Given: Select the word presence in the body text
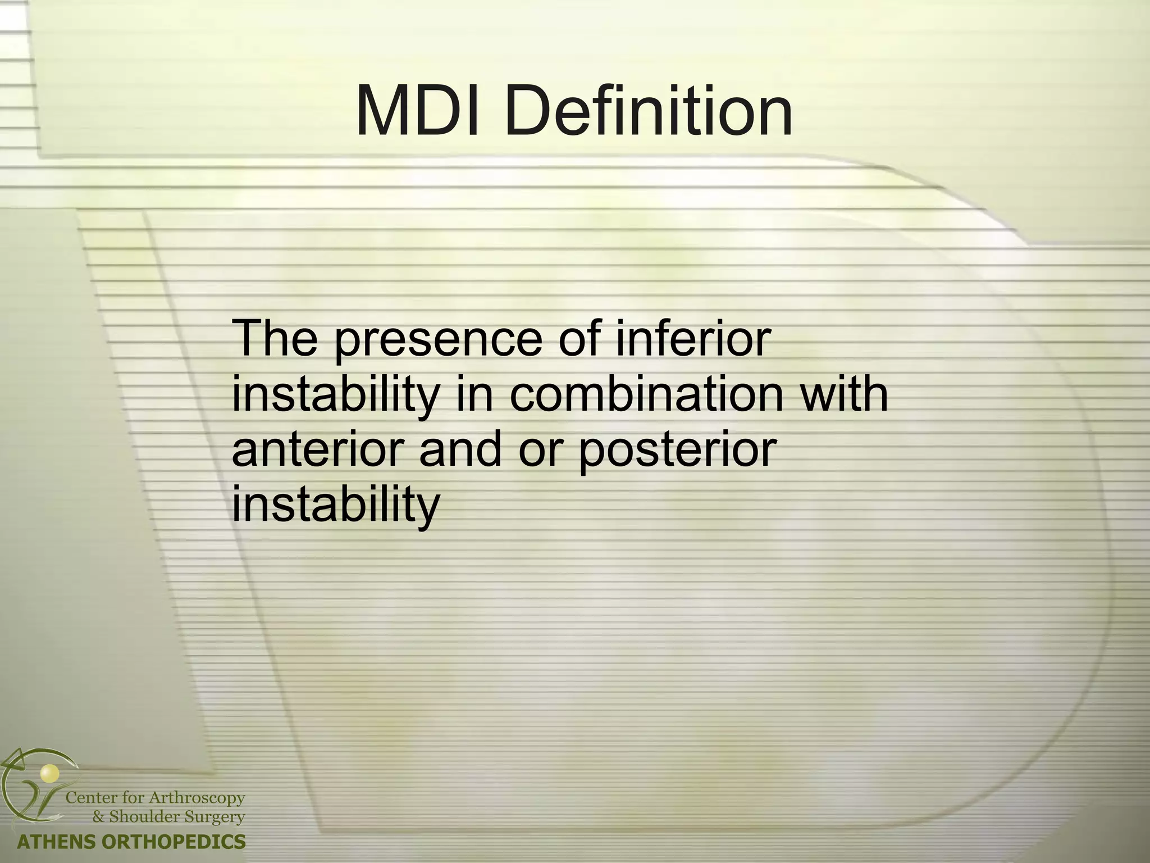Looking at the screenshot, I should pyautogui.click(x=439, y=339).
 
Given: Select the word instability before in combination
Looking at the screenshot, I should pyautogui.click(x=335, y=394).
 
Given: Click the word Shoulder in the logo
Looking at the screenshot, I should pyautogui.click(x=143, y=816).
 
